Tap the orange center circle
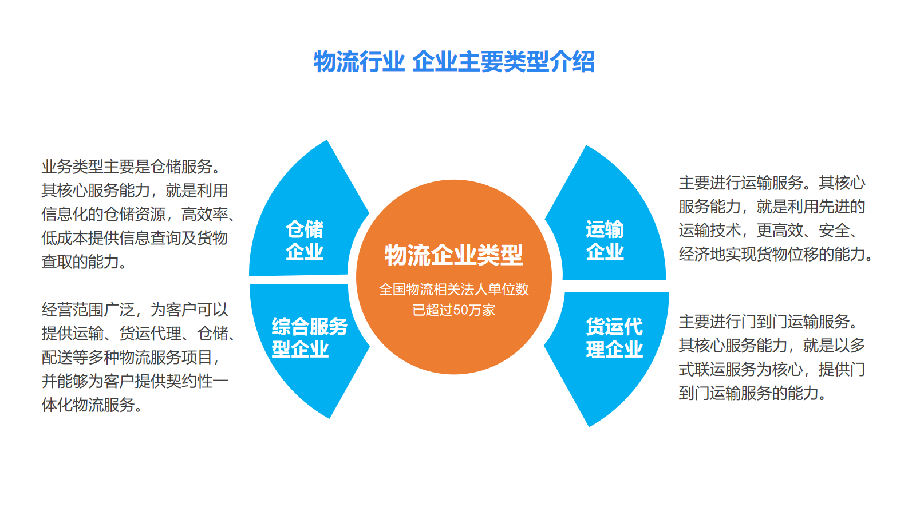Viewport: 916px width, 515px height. tap(454, 277)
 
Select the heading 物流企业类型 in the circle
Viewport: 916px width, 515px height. tap(453, 255)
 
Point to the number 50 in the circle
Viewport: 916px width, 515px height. tap(461, 310)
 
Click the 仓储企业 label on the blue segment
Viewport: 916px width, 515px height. tap(305, 240)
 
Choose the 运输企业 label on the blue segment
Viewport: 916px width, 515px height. tap(605, 240)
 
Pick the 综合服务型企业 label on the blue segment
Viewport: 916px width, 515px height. tap(310, 338)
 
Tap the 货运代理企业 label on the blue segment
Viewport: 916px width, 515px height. tap(614, 338)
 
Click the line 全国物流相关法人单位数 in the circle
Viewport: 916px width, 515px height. tap(454, 290)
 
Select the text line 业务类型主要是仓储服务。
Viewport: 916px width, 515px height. tap(131, 167)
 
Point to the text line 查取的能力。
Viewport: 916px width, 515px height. tap(84, 262)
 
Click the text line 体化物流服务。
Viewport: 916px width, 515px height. tap(92, 405)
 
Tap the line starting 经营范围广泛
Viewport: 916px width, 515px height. tap(135, 310)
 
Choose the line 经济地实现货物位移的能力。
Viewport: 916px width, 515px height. tap(776, 254)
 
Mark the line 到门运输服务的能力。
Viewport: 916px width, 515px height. tap(752, 393)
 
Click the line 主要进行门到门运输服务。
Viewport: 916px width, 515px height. tap(768, 322)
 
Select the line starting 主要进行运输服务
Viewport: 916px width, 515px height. tap(772, 183)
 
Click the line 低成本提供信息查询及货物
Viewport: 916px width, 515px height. tap(135, 238)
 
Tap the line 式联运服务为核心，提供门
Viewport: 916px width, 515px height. tap(772, 369)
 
